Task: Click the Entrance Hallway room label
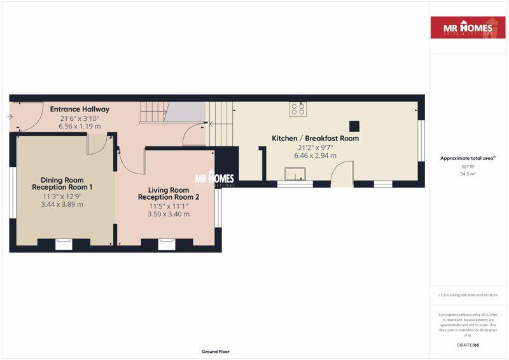click(x=80, y=109)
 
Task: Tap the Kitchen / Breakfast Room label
click(x=315, y=138)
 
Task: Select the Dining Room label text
click(x=62, y=181)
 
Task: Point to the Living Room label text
click(x=169, y=190)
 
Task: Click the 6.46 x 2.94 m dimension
click(x=315, y=155)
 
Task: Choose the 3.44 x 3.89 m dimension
click(x=62, y=204)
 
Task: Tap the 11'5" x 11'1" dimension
click(x=169, y=206)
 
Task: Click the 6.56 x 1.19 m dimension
click(x=80, y=126)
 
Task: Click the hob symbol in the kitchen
click(x=296, y=109)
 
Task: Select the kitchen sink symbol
click(x=295, y=174)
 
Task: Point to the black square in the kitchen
click(x=354, y=125)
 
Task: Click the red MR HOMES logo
click(x=468, y=27)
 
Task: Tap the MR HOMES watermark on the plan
click(x=214, y=179)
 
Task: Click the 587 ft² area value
click(x=468, y=166)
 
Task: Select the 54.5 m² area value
click(x=468, y=173)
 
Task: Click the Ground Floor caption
click(x=215, y=351)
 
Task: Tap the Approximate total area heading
click(x=467, y=158)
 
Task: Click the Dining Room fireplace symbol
click(x=64, y=243)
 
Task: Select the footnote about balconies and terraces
click(x=468, y=295)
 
